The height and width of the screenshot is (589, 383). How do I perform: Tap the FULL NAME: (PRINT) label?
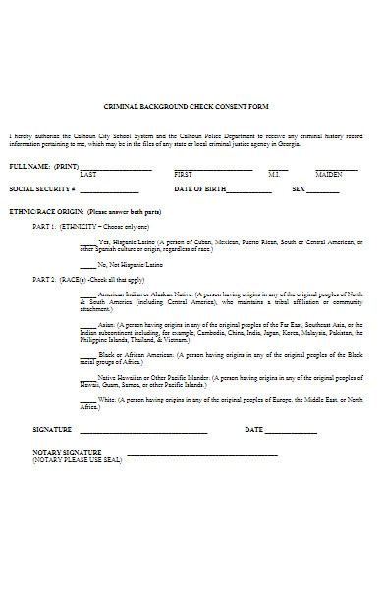(x=44, y=166)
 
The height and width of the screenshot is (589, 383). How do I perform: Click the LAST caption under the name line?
(x=88, y=173)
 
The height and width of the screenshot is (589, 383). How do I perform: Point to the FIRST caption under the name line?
(x=187, y=173)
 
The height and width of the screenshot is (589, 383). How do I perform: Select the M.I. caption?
(x=274, y=173)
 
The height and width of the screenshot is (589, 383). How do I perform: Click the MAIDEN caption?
(x=329, y=173)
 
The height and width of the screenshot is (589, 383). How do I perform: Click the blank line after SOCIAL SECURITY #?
(x=115, y=190)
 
